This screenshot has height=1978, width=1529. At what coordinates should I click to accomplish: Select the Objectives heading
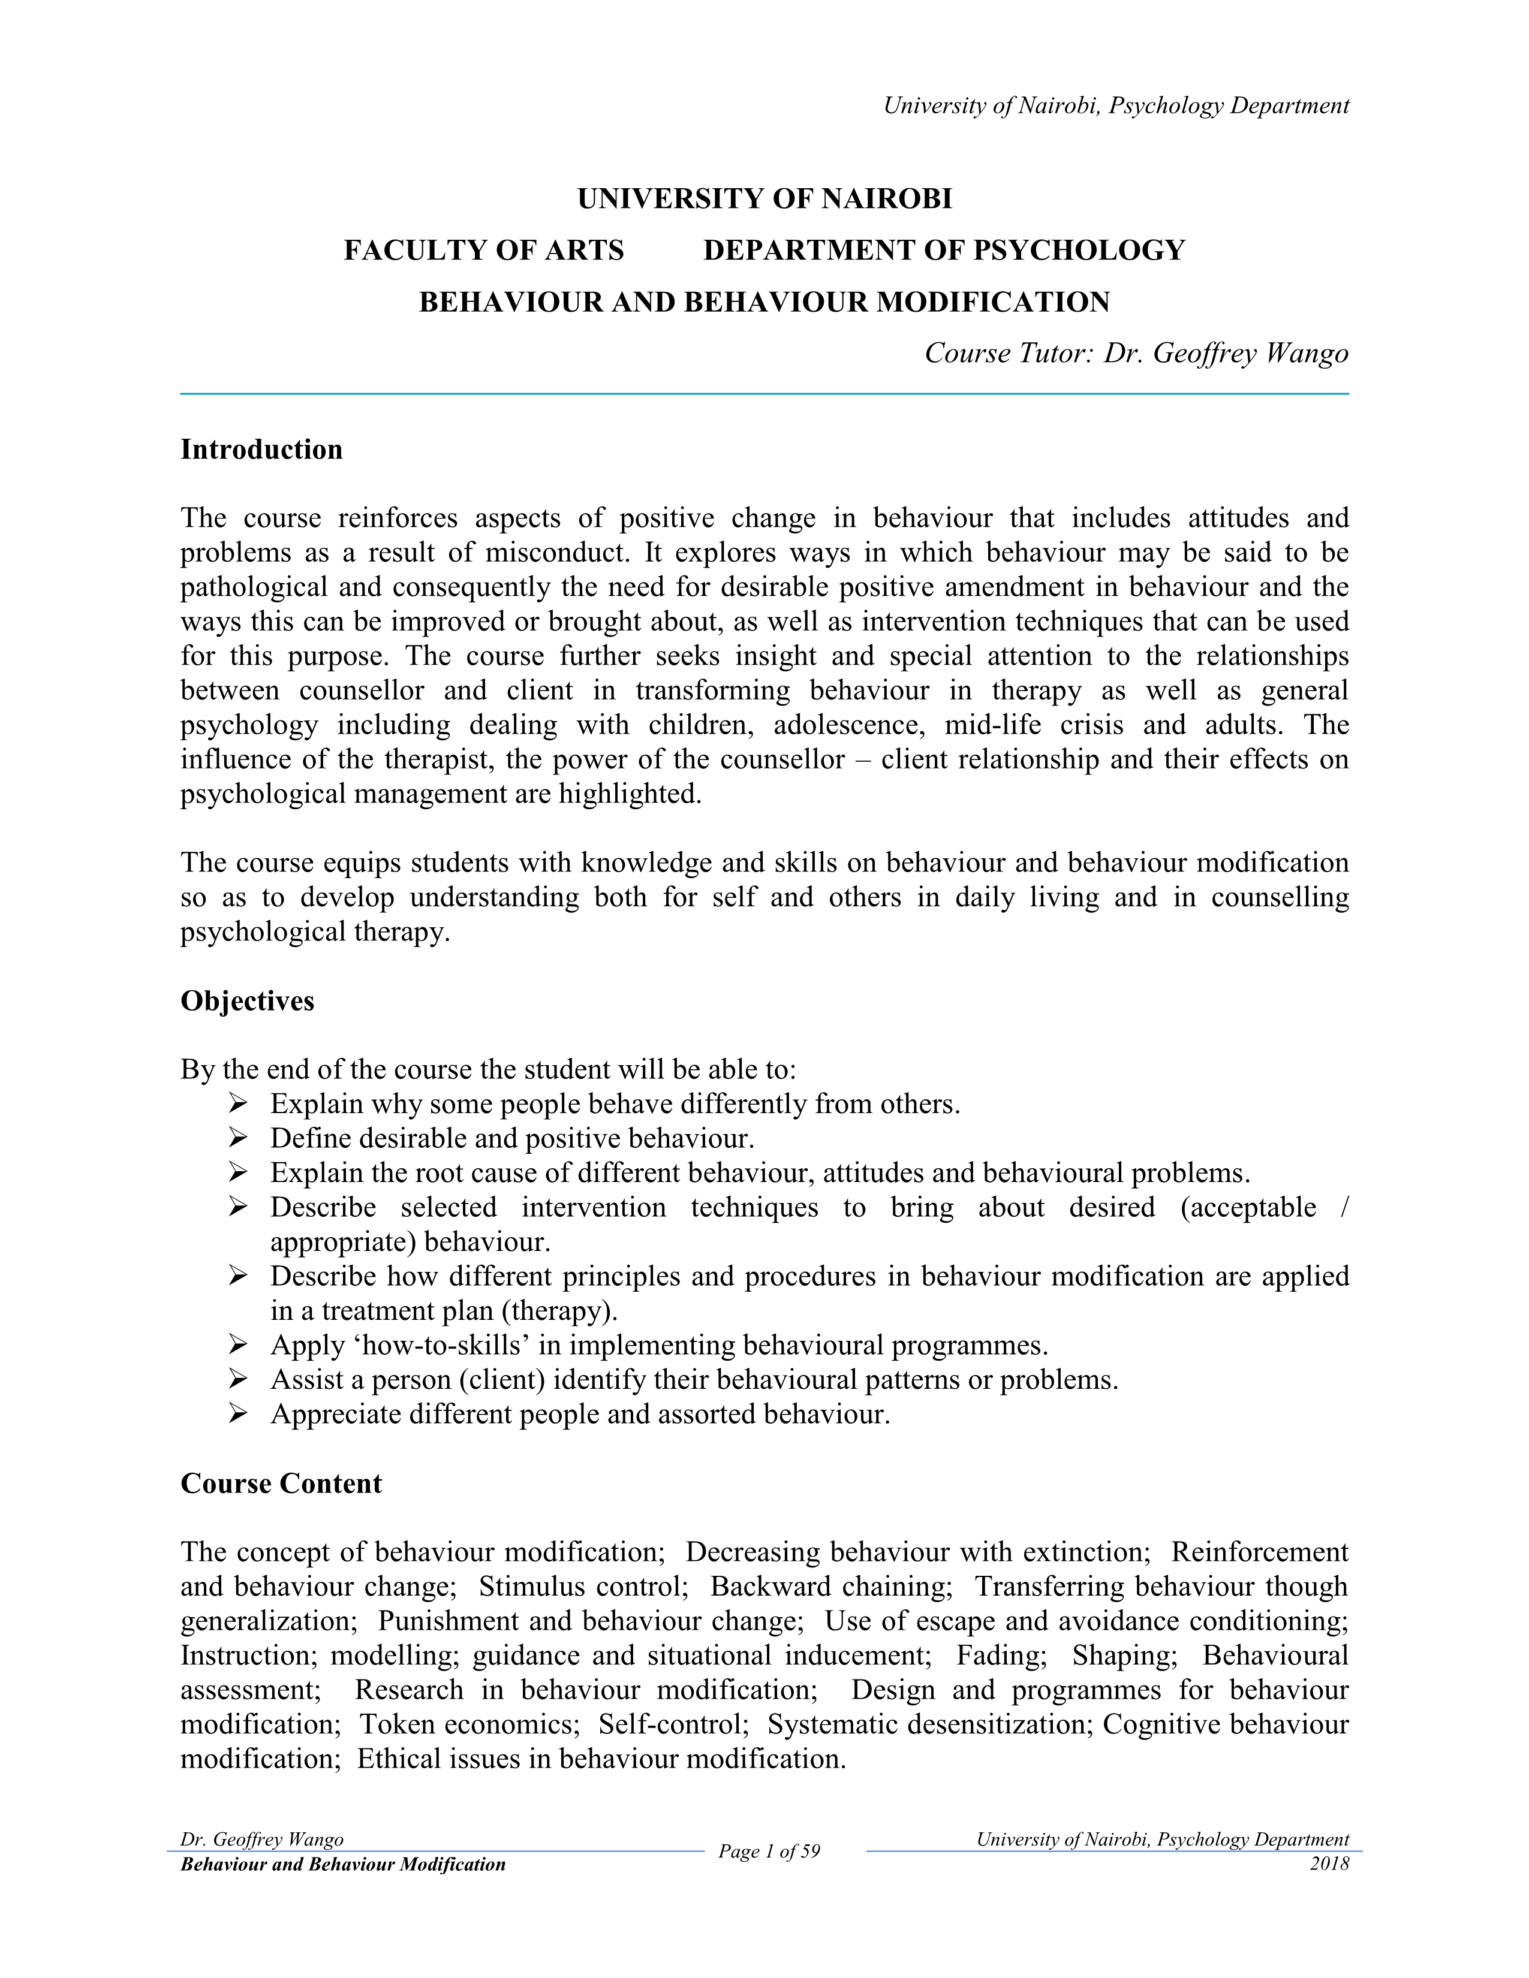[247, 1001]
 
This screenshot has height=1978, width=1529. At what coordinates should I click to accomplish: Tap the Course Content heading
[281, 1483]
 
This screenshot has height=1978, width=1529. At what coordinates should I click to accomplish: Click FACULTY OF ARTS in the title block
[484, 250]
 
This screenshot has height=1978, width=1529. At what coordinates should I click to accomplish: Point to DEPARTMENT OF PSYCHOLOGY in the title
[944, 250]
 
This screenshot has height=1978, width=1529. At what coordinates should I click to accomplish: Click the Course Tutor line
[1136, 353]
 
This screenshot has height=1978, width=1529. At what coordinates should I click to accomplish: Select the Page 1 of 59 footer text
[769, 1851]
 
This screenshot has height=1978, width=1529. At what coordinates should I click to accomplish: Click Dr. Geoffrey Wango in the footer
[262, 1840]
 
